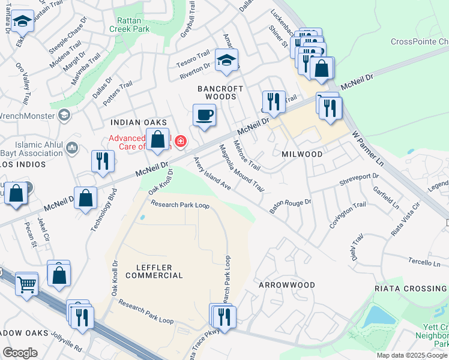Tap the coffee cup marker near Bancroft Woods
[205, 115]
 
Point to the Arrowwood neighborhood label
[287, 284]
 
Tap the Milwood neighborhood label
[302, 154]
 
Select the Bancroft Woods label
[221, 92]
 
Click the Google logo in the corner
[20, 353]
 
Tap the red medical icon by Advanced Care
[180, 141]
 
